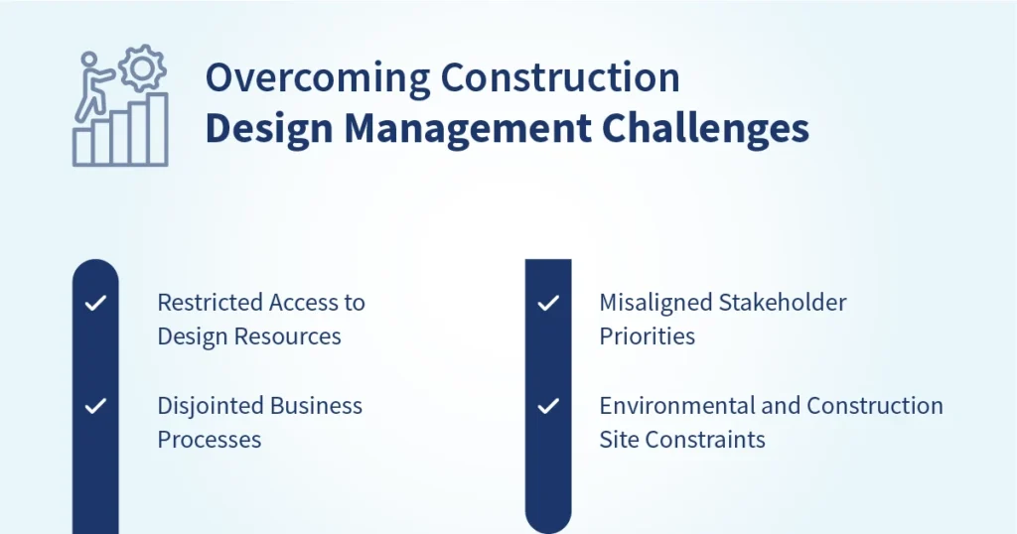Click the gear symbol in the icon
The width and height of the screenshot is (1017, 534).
point(141,67)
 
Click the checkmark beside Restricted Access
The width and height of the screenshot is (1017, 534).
point(95,303)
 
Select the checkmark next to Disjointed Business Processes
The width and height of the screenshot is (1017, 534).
point(95,406)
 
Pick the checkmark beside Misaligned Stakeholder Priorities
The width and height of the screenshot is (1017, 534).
point(547,303)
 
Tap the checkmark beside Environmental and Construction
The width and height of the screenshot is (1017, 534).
point(547,406)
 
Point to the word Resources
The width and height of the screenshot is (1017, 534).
point(293,336)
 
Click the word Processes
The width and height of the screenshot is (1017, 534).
point(209,440)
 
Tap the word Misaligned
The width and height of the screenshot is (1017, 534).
point(652,303)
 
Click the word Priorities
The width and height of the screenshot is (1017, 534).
point(647,336)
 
